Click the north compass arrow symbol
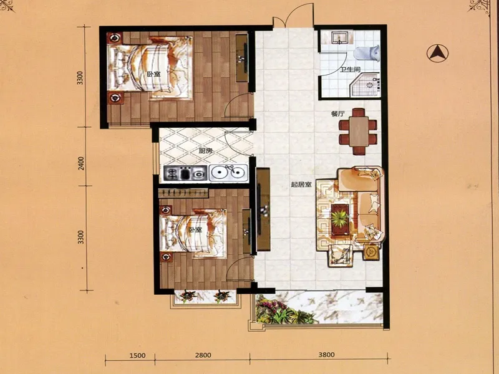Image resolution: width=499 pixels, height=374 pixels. coord(438,53)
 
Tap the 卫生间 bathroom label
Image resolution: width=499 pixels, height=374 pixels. coord(351,70)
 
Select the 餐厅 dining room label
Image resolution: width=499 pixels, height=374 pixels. coord(337,113)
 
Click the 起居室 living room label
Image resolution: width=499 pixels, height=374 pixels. coord(301,184)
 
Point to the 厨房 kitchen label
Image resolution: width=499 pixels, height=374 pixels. coord(206,151)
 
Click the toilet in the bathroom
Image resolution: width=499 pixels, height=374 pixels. coord(367,53)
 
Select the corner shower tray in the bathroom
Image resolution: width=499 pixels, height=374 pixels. coord(366,85)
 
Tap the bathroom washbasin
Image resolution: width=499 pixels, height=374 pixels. coord(341,37)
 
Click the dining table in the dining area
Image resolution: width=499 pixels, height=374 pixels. coord(358,132)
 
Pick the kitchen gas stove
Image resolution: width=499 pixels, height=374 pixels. coord(185,174)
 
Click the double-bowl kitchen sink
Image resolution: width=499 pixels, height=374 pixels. coord(228,173)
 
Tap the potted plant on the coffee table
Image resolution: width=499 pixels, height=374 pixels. coord(340,219)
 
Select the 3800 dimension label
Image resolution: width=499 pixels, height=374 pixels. coord(326,355)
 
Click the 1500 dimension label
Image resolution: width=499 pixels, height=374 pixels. coord(137,355)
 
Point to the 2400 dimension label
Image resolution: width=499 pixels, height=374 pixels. coord(82,163)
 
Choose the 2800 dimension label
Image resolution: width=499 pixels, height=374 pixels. coord(203,355)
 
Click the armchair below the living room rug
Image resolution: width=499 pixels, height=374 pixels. coord(340,255)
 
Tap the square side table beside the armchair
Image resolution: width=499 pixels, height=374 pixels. coord(371,252)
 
